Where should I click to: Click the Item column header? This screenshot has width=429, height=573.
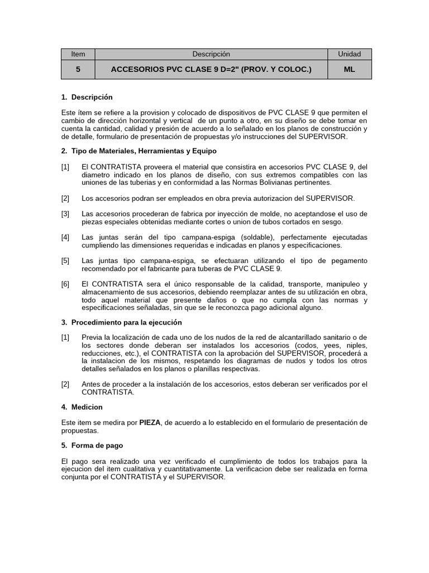click(78, 54)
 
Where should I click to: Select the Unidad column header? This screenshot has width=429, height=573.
click(349, 54)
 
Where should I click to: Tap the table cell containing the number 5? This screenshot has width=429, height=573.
click(78, 69)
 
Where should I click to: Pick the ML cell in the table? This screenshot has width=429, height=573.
click(349, 69)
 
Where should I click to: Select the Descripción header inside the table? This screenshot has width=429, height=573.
click(211, 54)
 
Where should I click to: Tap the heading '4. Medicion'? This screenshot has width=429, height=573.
click(82, 407)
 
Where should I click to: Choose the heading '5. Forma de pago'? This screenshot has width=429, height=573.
click(92, 445)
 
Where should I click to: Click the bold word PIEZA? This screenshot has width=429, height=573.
click(150, 422)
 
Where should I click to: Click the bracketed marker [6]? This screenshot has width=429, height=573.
click(65, 284)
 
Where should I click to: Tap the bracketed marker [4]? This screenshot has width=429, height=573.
click(65, 237)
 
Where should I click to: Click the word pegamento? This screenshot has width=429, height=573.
click(349, 261)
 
